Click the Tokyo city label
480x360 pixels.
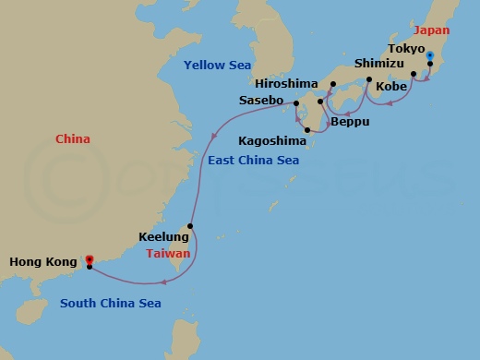[x=406, y=48]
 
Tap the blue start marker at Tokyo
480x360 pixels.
[x=430, y=55]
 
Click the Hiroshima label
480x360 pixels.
[x=294, y=81]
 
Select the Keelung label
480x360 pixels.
[x=158, y=236]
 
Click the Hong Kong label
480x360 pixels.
[x=42, y=262]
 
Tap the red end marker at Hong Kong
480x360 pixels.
[x=89, y=259]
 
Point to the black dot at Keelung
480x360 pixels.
[x=190, y=226]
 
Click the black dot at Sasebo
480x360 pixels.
[x=296, y=116]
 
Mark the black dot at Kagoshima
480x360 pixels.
[x=307, y=142]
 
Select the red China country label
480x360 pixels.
[x=72, y=140]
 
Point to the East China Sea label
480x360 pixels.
[x=260, y=161]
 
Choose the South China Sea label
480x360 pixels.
[x=111, y=303]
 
